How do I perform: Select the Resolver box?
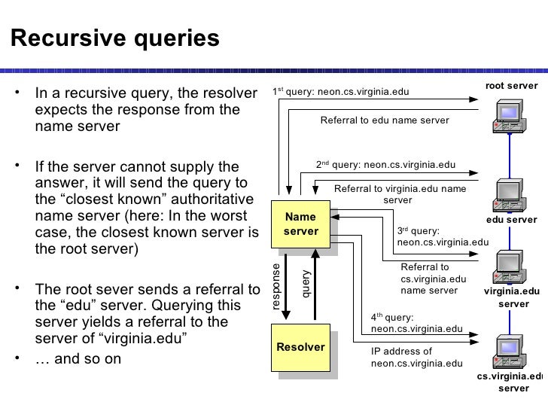pyautogui.click(x=300, y=348)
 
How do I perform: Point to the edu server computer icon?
pyautogui.click(x=507, y=196)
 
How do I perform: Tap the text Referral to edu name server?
pyautogui.click(x=385, y=120)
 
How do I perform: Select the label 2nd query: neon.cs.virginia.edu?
pyautogui.click(x=386, y=164)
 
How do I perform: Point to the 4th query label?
pyautogui.click(x=416, y=323)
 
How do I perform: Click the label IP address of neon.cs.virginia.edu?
pyautogui.click(x=416, y=358)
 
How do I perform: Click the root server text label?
pyautogui.click(x=511, y=87)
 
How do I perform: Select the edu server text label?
pyautogui.click(x=511, y=220)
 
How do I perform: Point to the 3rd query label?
pyautogui.click(x=442, y=237)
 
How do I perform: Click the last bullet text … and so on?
pyautogui.click(x=78, y=358)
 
